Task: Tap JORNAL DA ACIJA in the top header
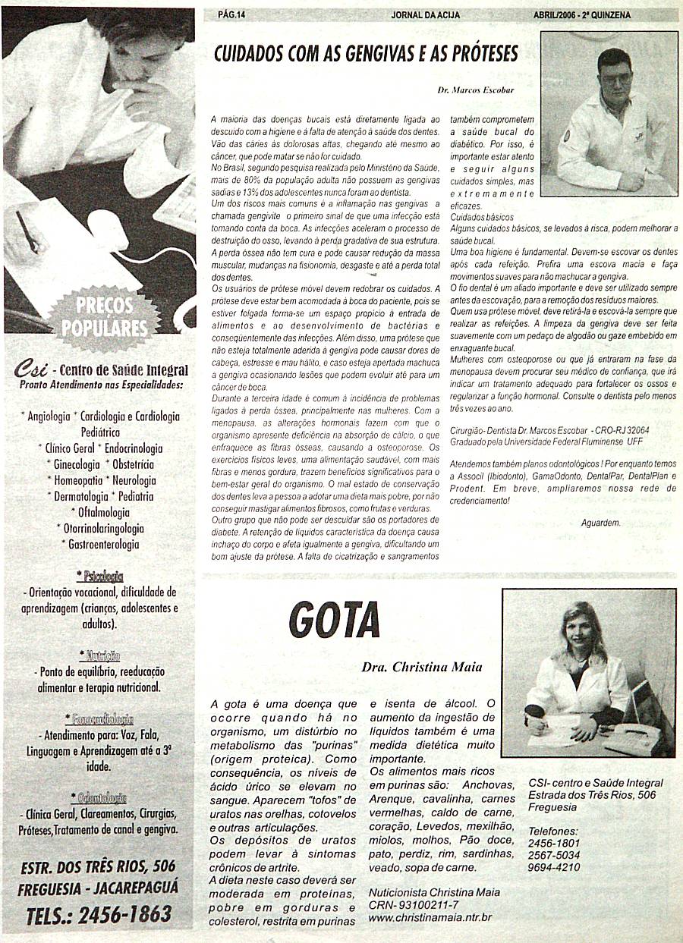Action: (425, 14)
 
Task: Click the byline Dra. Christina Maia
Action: (422, 668)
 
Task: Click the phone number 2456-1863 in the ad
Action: (121, 914)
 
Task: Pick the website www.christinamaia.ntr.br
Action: (430, 917)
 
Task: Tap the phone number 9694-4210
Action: (554, 867)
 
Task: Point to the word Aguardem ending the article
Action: (600, 523)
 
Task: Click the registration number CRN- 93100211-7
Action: (414, 905)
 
